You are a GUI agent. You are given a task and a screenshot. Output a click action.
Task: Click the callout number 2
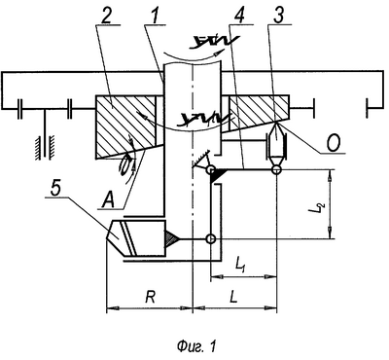tap(106, 13)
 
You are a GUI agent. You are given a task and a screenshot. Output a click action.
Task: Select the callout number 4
tap(240, 13)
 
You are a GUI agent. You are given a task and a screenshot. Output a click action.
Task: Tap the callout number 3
tap(278, 13)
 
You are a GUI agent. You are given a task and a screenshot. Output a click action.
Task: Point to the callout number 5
tap(56, 187)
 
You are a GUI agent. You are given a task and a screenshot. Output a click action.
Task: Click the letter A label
tap(108, 198)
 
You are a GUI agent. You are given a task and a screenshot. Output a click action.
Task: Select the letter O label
tap(333, 144)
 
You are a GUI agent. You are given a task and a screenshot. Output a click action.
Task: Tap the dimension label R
tap(150, 297)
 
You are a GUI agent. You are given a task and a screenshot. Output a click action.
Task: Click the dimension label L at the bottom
tap(234, 297)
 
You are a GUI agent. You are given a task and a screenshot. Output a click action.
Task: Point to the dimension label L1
tap(240, 266)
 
